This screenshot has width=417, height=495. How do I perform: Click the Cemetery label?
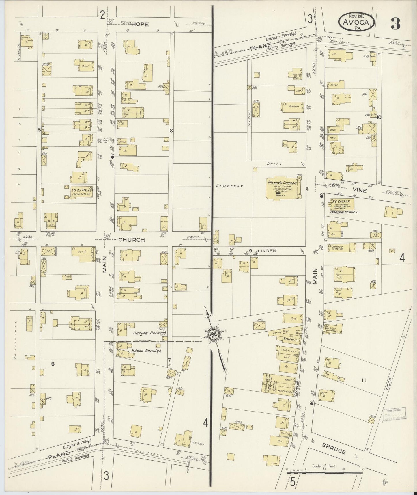[229, 186]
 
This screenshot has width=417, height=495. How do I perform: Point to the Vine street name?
[360, 190]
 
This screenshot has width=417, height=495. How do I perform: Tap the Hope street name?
[141, 25]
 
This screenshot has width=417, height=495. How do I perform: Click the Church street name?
[132, 239]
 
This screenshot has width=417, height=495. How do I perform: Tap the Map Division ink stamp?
[394, 415]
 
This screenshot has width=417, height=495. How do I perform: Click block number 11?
[364, 380]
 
